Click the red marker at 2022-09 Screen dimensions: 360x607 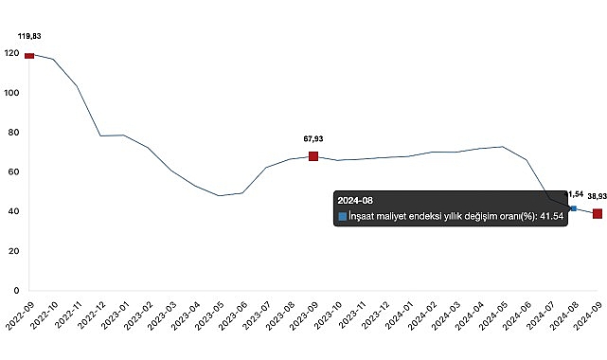click(x=29, y=56)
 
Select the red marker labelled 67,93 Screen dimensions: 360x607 click(x=313, y=156)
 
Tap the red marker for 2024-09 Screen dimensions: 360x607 click(x=598, y=214)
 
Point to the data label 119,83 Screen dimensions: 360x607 click(x=29, y=36)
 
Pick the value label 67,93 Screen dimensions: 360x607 click(x=313, y=138)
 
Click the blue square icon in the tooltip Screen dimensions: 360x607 click(x=342, y=217)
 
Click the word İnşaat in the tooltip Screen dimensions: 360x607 click(x=366, y=217)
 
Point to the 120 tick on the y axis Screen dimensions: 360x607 click(x=10, y=54)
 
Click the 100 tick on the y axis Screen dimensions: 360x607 click(x=10, y=93)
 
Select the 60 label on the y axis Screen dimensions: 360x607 click(x=13, y=172)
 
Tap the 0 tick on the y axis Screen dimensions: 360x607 click(x=16, y=291)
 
